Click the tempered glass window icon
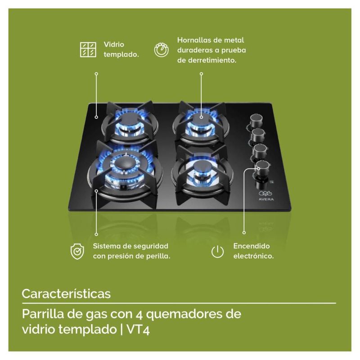(x=88, y=49)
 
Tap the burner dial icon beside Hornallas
(x=161, y=49)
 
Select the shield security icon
(x=77, y=252)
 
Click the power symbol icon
(x=217, y=252)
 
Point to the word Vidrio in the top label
(x=114, y=44)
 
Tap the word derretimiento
(x=212, y=60)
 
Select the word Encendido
(x=252, y=246)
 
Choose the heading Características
(x=66, y=293)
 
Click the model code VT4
(x=138, y=329)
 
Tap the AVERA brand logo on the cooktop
(x=266, y=196)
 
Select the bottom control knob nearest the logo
(x=262, y=167)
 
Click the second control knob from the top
(x=257, y=135)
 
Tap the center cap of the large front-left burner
(x=124, y=163)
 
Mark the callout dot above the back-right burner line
(x=201, y=74)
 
